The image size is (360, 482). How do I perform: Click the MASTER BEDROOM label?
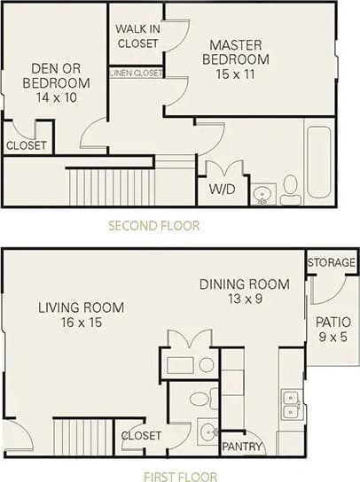pyautogui.click(x=239, y=51)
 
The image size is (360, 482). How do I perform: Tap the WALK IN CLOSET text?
pyautogui.click(x=137, y=35)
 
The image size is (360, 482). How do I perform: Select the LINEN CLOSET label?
pyautogui.click(x=137, y=73)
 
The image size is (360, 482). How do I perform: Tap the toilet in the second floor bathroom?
pyautogui.click(x=291, y=189)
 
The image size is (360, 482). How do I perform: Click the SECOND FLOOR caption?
pyautogui.click(x=153, y=226)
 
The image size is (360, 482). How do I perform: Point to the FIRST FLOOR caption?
pyautogui.click(x=180, y=476)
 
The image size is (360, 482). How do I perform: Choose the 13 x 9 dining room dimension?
pyautogui.click(x=244, y=299)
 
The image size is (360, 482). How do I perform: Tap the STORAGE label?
pyautogui.click(x=332, y=263)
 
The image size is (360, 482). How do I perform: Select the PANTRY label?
pyautogui.click(x=242, y=447)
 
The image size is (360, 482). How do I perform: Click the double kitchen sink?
pyautogui.click(x=291, y=404)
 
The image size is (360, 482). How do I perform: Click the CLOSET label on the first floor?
pyautogui.click(x=141, y=436)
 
